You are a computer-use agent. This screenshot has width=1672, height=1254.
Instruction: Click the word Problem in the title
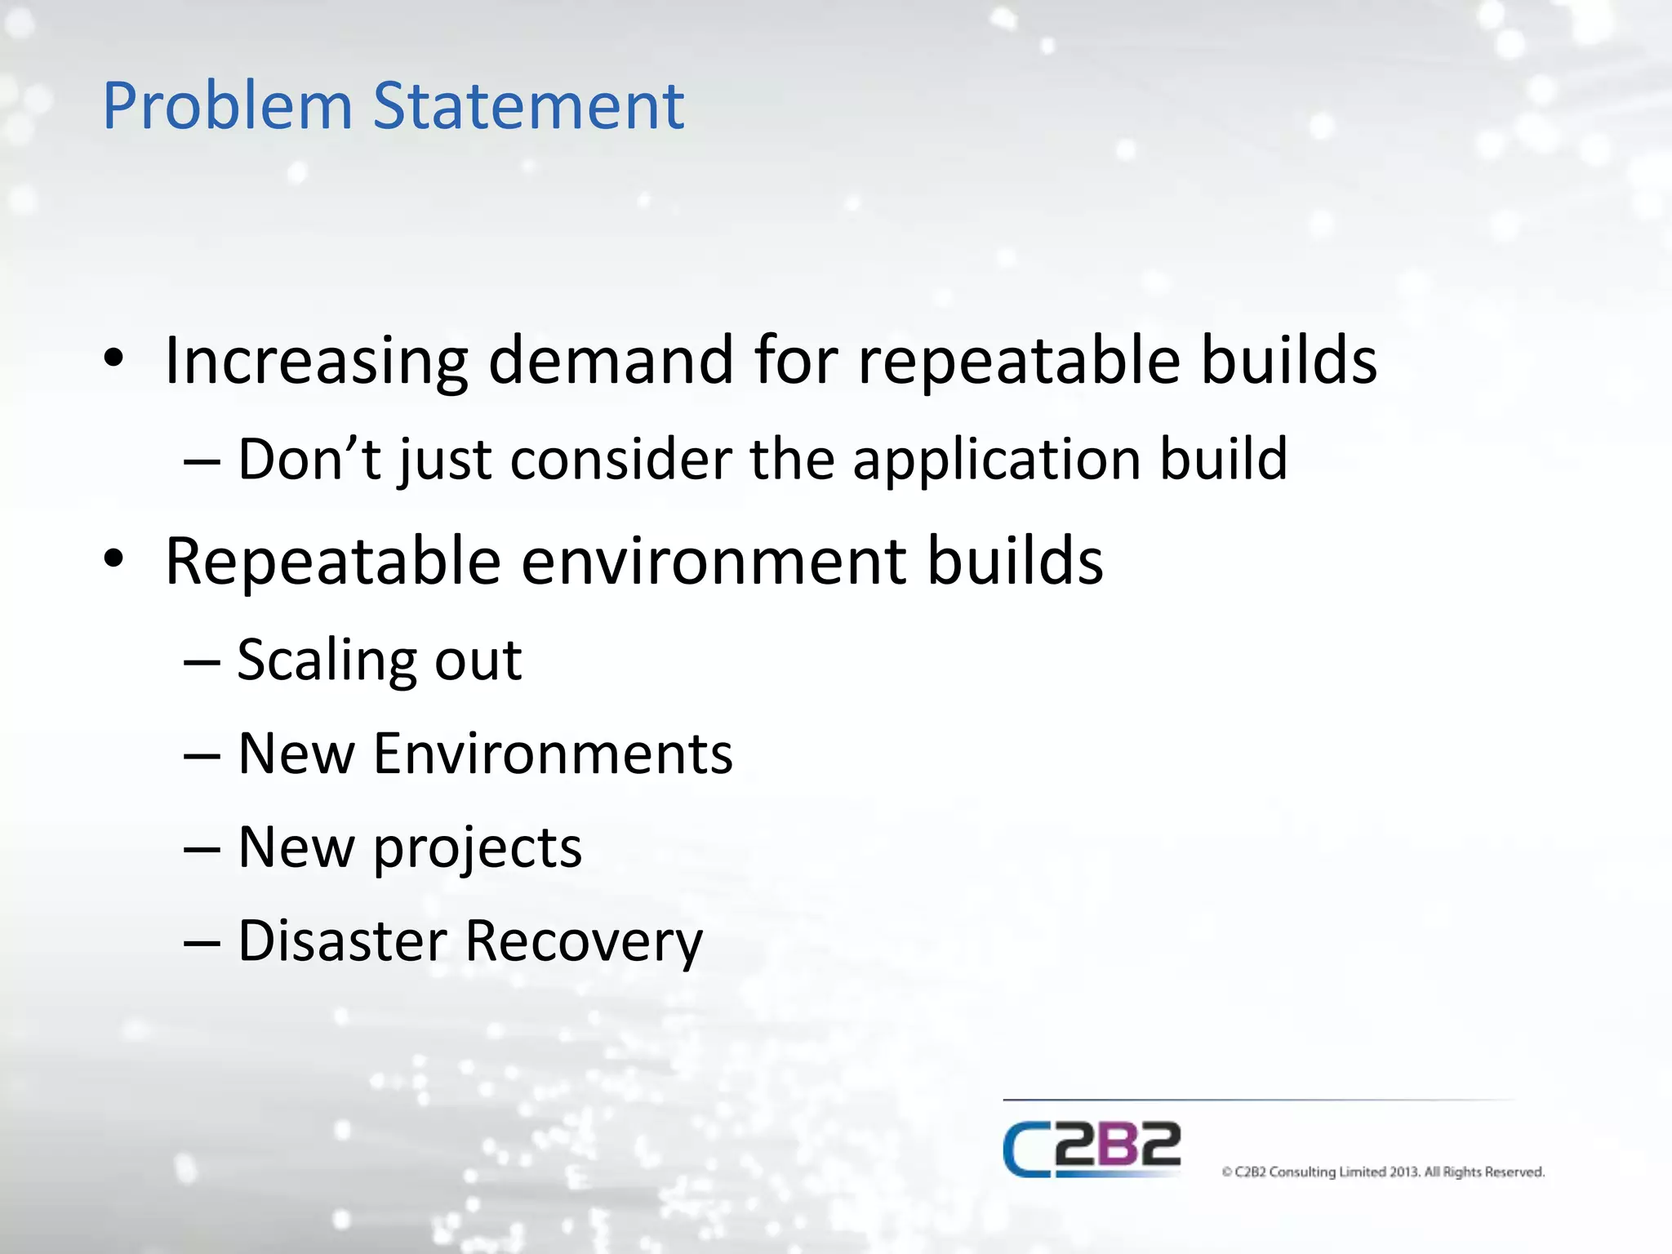(227, 107)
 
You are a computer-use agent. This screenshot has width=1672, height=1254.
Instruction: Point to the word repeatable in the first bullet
(1019, 361)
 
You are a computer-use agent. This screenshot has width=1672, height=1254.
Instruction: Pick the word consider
(621, 459)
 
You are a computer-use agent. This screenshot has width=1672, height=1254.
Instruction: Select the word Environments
(553, 754)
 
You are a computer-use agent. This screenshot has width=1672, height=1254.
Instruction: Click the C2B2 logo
(1092, 1149)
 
